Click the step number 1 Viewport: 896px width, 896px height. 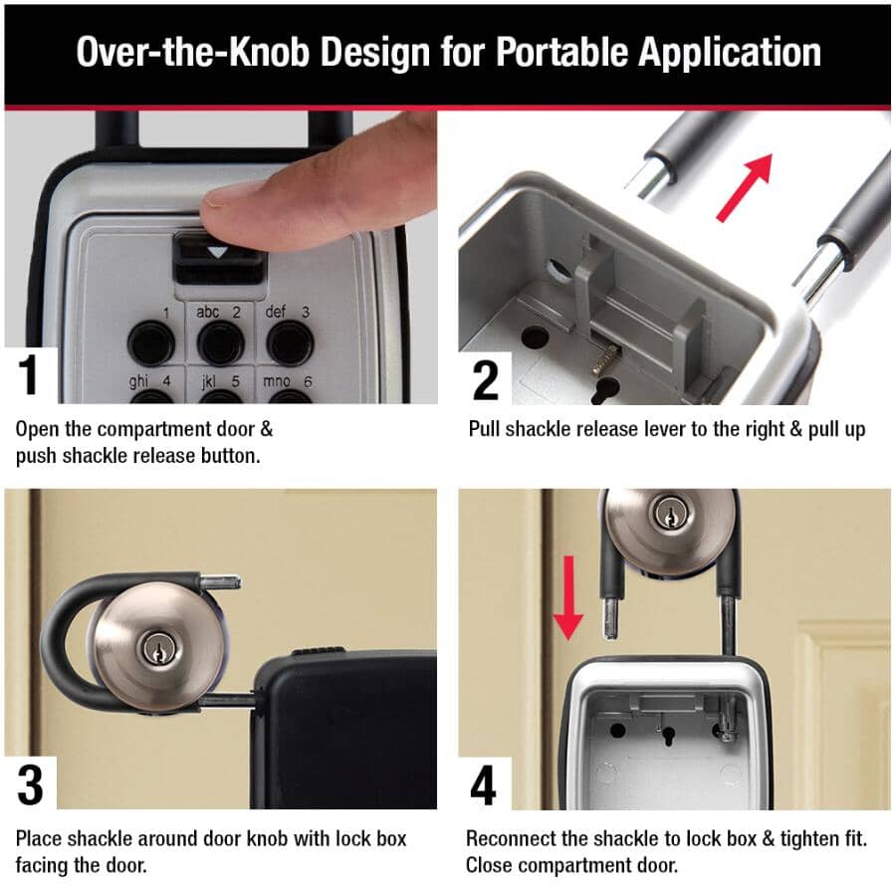(x=28, y=375)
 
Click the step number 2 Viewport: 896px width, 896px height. (x=485, y=379)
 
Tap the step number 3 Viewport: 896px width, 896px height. (x=30, y=784)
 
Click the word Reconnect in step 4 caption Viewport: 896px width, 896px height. (x=513, y=839)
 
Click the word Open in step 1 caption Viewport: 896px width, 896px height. (x=37, y=429)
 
